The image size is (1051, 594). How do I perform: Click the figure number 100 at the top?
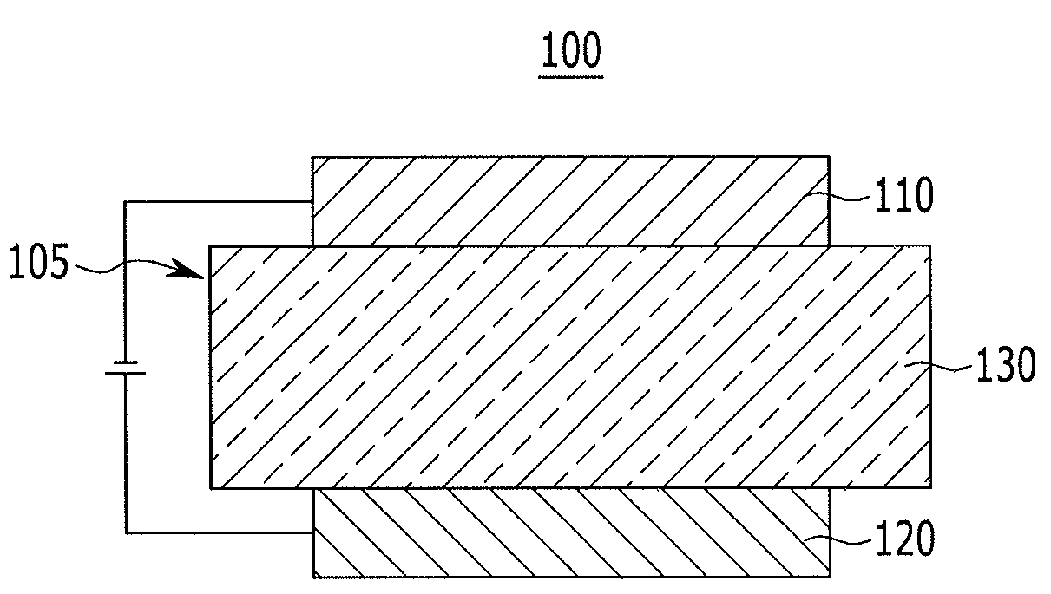coord(570,52)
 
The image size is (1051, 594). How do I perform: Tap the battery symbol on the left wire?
coord(125,367)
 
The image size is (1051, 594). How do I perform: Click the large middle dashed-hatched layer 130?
coord(570,367)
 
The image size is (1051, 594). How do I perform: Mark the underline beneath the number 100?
coord(570,76)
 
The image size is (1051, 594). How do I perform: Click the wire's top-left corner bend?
coord(126,203)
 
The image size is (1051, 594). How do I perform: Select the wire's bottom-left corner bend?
coord(126,532)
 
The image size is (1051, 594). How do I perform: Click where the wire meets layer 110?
coord(312,203)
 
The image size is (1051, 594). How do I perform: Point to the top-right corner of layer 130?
coord(931,246)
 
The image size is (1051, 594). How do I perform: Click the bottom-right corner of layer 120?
coord(829,576)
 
